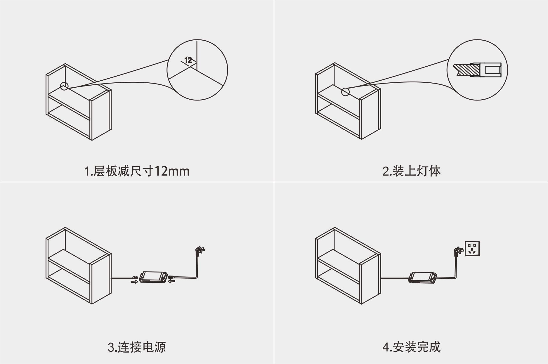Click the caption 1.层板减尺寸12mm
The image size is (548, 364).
[x=137, y=171]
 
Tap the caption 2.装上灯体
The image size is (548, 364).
[x=411, y=171]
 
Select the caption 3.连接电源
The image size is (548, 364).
[x=137, y=347]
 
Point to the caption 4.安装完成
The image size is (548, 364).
[x=411, y=347]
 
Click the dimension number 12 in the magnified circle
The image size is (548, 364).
[x=188, y=60]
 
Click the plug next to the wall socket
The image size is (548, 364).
[x=457, y=251]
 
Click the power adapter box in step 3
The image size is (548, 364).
[x=154, y=277]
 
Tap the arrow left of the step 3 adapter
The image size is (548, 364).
[x=134, y=282]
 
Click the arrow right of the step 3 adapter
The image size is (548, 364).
[x=172, y=281]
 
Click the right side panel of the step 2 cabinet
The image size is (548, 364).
[x=370, y=114]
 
